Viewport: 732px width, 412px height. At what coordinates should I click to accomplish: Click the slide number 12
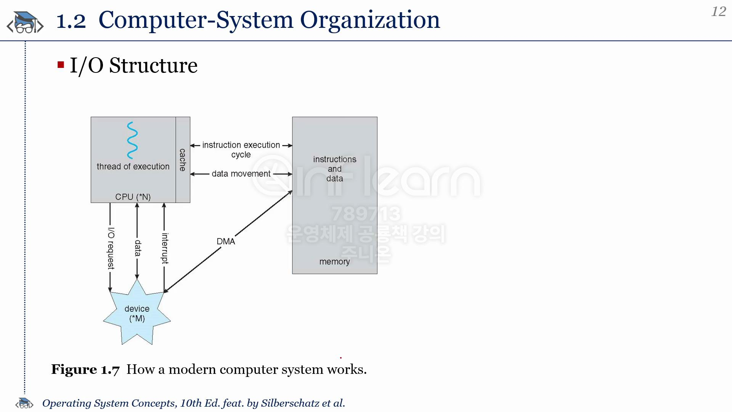click(719, 11)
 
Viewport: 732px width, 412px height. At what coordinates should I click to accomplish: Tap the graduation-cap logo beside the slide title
click(25, 22)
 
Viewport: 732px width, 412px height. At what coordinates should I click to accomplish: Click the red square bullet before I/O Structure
click(61, 64)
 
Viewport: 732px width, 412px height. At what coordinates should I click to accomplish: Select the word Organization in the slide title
click(370, 20)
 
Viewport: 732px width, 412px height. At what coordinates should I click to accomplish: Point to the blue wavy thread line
click(132, 140)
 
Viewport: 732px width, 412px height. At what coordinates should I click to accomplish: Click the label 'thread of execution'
click(133, 166)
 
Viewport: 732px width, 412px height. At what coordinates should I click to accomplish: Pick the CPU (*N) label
click(133, 197)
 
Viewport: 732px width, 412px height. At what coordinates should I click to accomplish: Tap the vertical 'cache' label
click(183, 160)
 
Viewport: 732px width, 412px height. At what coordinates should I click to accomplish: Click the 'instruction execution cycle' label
click(241, 150)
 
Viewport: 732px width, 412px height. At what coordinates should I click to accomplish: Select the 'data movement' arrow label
click(241, 174)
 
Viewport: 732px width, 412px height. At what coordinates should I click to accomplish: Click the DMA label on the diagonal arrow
click(226, 241)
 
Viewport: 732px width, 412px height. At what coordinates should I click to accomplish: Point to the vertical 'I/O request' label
click(111, 248)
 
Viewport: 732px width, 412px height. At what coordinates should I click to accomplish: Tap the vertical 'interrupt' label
click(165, 248)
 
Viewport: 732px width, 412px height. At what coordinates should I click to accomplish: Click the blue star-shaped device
click(137, 312)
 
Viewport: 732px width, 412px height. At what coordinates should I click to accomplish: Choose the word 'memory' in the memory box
click(334, 262)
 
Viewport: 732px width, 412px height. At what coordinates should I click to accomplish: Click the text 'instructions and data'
click(335, 169)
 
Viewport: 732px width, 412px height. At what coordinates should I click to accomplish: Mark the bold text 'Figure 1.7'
click(85, 369)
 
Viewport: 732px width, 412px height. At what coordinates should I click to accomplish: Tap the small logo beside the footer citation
click(24, 403)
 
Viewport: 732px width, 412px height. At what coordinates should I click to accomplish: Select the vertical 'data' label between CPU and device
click(138, 248)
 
